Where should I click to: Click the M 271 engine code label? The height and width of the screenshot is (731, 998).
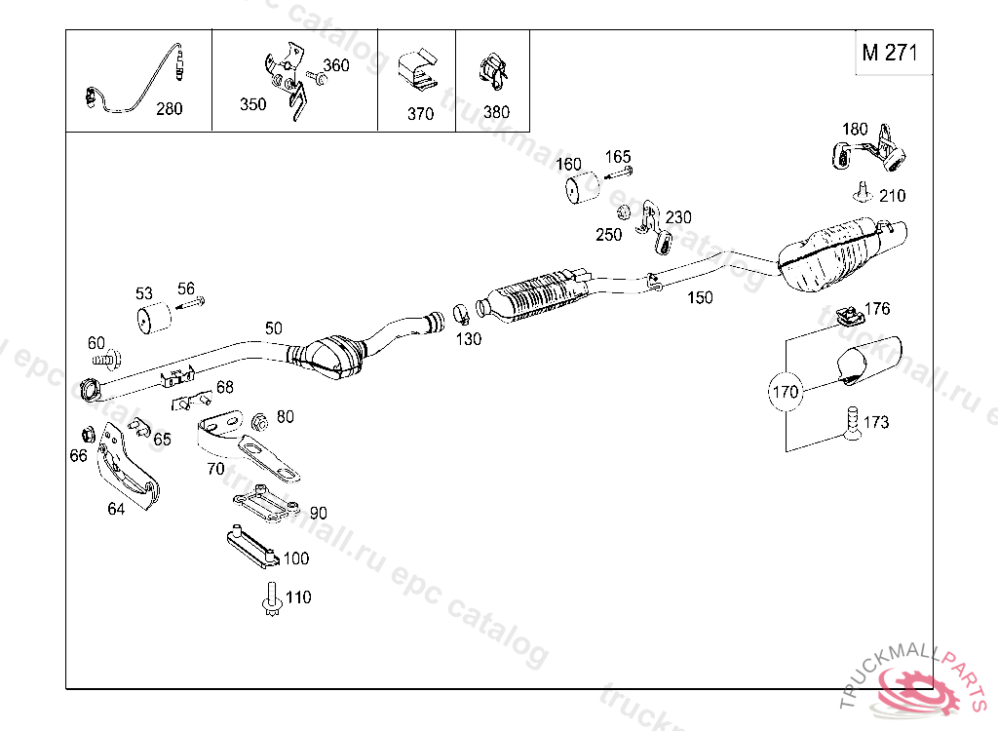pyautogui.click(x=890, y=53)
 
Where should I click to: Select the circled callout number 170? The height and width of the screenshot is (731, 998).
pyautogui.click(x=785, y=391)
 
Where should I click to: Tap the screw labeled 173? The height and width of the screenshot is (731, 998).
pyautogui.click(x=853, y=423)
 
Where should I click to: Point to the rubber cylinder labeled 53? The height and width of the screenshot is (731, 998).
pyautogui.click(x=155, y=317)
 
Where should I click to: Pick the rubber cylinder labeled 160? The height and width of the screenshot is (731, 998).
pyautogui.click(x=582, y=187)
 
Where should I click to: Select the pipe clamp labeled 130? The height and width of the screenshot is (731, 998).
pyautogui.click(x=461, y=314)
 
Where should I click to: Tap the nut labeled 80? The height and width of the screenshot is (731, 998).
pyautogui.click(x=259, y=421)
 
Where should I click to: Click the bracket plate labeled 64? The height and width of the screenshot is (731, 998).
pyautogui.click(x=128, y=466)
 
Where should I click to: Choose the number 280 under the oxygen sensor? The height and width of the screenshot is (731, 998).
pyautogui.click(x=170, y=109)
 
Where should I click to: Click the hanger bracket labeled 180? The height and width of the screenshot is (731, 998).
pyautogui.click(x=869, y=150)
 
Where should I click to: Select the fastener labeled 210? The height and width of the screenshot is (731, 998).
pyautogui.click(x=863, y=193)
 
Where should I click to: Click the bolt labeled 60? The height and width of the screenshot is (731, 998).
pyautogui.click(x=107, y=359)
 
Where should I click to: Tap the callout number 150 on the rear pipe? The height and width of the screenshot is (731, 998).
pyautogui.click(x=700, y=297)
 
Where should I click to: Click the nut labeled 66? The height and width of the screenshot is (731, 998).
pyautogui.click(x=89, y=435)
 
